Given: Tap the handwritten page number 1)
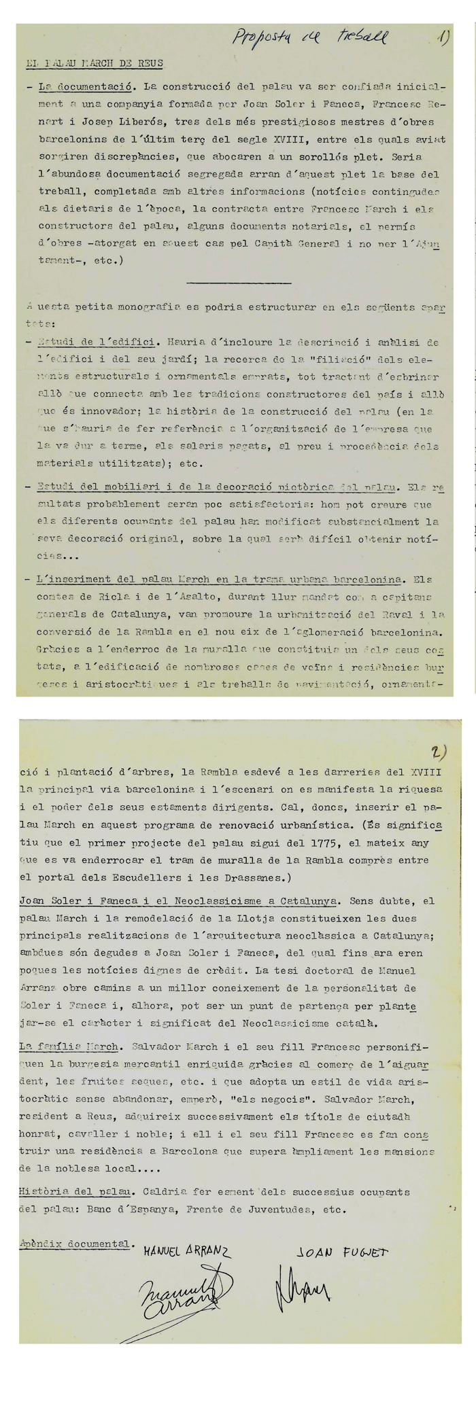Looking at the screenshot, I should [x=444, y=37].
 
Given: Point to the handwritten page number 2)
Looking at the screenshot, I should [x=438, y=752].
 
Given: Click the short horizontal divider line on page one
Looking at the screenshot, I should [x=238, y=282].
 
